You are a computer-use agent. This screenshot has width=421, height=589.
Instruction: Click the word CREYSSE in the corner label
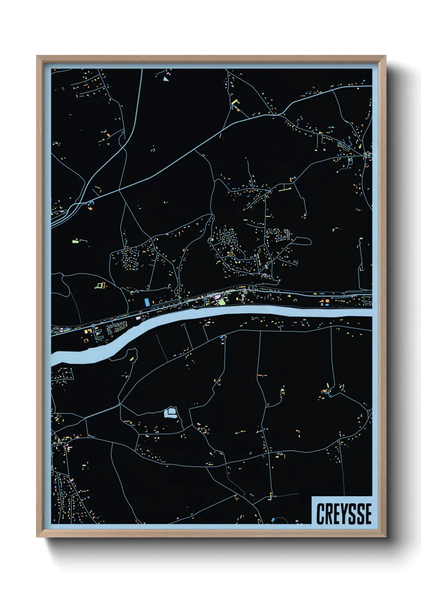click(344, 513)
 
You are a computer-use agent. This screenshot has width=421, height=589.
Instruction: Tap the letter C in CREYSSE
click(320, 513)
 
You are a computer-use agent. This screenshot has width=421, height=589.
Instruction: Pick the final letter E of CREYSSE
click(368, 513)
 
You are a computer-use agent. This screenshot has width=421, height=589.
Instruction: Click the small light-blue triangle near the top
click(166, 79)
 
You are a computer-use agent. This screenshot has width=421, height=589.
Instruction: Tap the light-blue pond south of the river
click(170, 413)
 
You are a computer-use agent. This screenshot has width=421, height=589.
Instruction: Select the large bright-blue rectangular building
click(147, 302)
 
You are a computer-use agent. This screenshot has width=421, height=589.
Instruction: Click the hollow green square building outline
click(99, 285)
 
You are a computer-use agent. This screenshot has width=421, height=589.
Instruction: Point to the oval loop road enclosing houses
click(226, 239)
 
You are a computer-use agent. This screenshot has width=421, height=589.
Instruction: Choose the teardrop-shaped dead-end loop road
click(302, 241)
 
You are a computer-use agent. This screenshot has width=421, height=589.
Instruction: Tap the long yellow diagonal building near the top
click(234, 101)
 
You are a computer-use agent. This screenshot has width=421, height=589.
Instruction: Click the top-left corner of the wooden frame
click(37, 56)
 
